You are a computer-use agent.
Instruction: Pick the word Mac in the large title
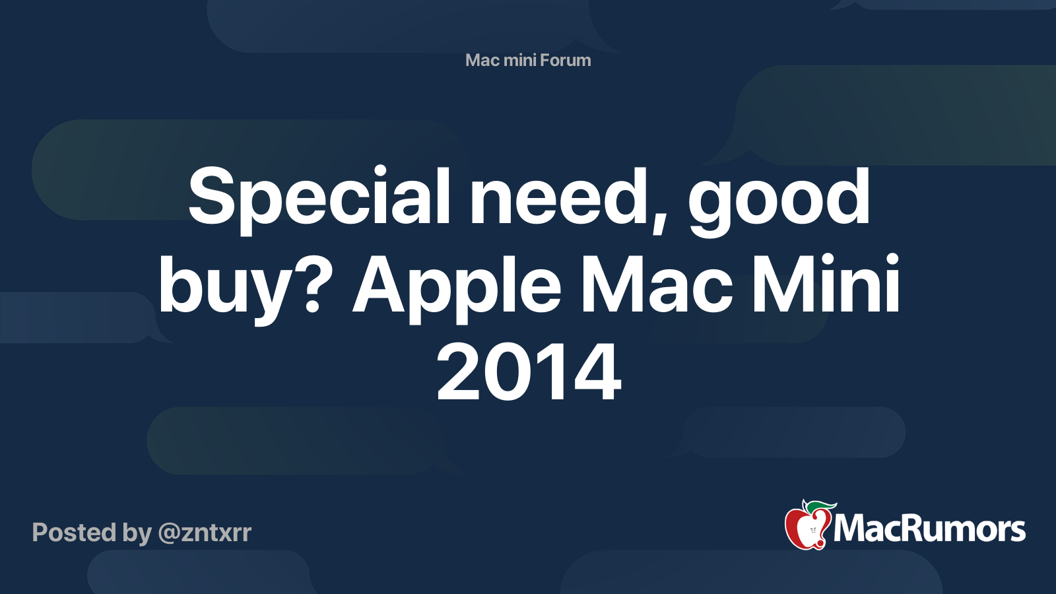point(657,285)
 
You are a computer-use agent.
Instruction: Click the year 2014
point(528,373)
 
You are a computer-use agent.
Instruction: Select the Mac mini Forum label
point(528,60)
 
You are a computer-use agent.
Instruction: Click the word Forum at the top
point(566,60)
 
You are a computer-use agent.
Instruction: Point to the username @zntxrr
point(205,533)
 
